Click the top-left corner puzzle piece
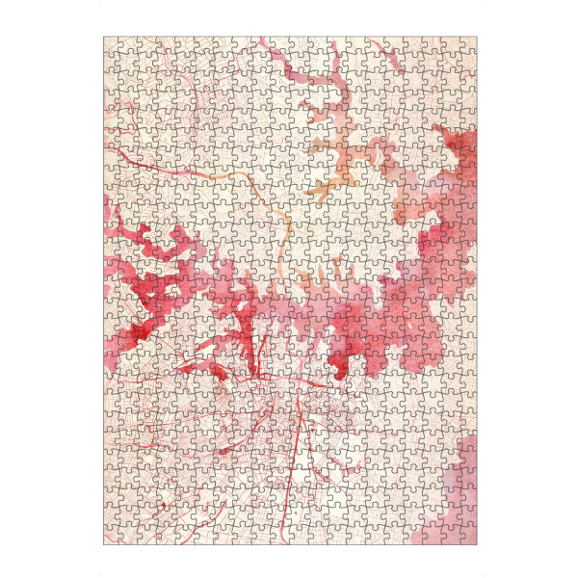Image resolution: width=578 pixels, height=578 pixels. [111, 44]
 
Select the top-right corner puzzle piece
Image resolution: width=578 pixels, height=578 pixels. [469, 44]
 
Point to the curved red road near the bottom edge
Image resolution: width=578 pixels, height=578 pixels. [318, 501]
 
